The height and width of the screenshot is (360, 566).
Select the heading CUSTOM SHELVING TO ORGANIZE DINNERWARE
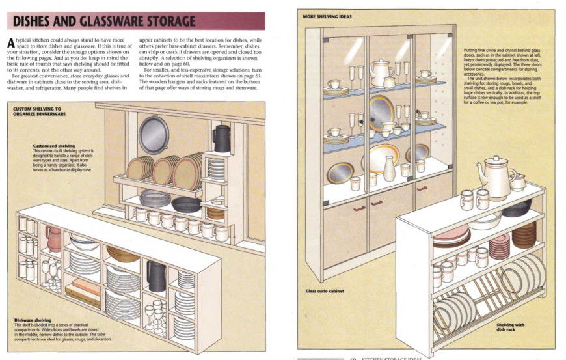point(37,111)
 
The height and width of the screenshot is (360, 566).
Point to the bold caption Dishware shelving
point(34,320)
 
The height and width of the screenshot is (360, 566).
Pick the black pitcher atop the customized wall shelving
point(221,138)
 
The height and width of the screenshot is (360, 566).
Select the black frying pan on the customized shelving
point(186,204)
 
